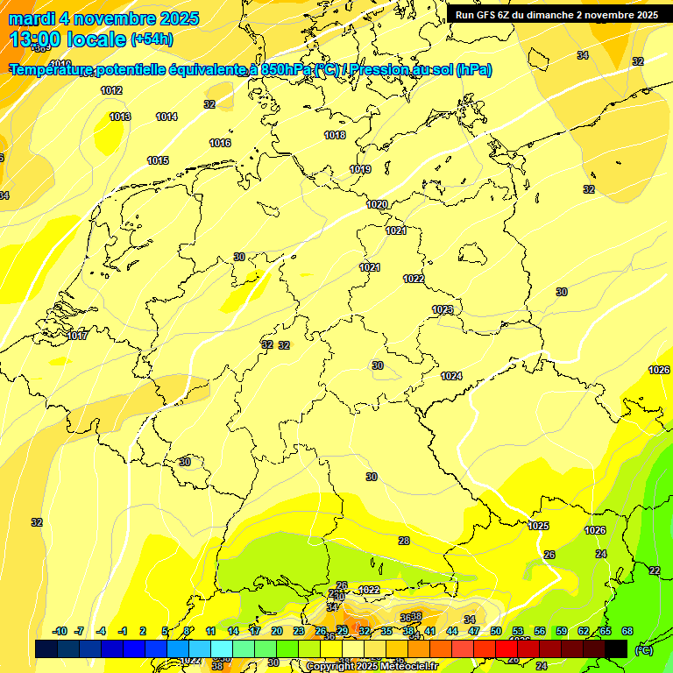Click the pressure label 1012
coord(111,90)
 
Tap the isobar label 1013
coord(120,117)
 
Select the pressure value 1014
coord(166,117)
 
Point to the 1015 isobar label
coord(158,160)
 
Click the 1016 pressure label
coord(220,143)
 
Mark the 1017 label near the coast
coord(77,336)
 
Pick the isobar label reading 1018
coord(335,135)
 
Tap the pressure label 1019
coord(360,169)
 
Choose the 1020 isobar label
coord(377,204)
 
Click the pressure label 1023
coord(443,309)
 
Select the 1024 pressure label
coord(451,376)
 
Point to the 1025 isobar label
coord(539,526)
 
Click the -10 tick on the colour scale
coord(60,631)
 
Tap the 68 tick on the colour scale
coord(627,631)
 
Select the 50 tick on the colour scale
coord(496,631)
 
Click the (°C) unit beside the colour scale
coord(643,649)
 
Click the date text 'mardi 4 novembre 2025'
coord(103,18)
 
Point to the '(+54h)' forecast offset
coord(152,39)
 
